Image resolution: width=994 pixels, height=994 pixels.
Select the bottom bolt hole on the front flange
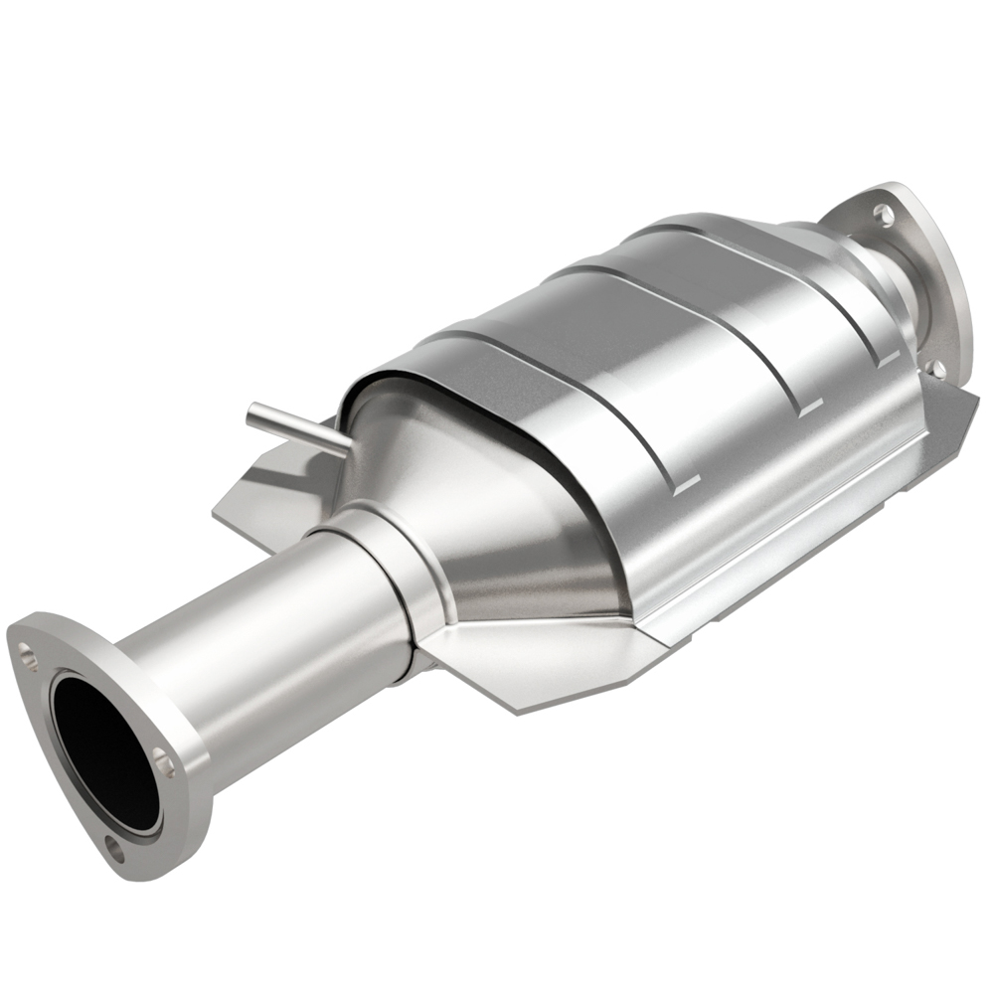coord(118,851)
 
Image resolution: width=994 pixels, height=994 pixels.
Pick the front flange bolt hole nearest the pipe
coord(165,765)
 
